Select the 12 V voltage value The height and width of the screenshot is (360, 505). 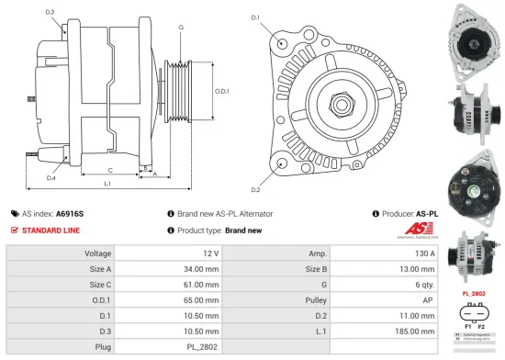point(211,253)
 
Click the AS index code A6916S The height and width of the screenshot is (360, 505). point(69,213)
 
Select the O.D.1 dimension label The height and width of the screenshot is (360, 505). point(221,91)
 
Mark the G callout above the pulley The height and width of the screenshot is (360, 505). point(181,28)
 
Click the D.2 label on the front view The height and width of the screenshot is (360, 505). point(255,189)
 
